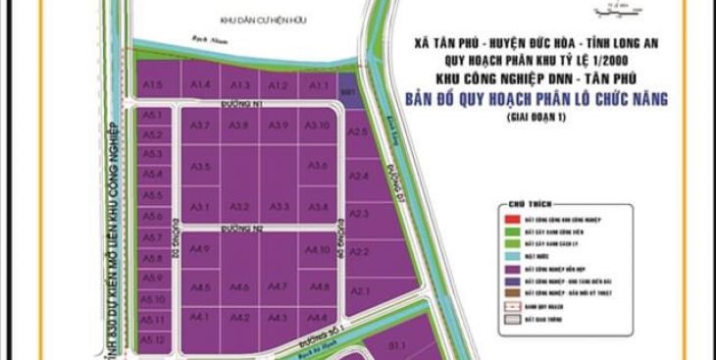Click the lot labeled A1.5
tap(152, 86)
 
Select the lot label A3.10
tap(318, 126)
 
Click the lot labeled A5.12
tap(152, 338)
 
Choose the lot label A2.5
tap(358, 131)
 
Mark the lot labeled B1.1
tap(397, 345)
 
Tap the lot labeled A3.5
tap(200, 167)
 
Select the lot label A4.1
tap(200, 317)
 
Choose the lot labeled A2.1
tap(360, 290)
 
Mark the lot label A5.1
tap(152, 115)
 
